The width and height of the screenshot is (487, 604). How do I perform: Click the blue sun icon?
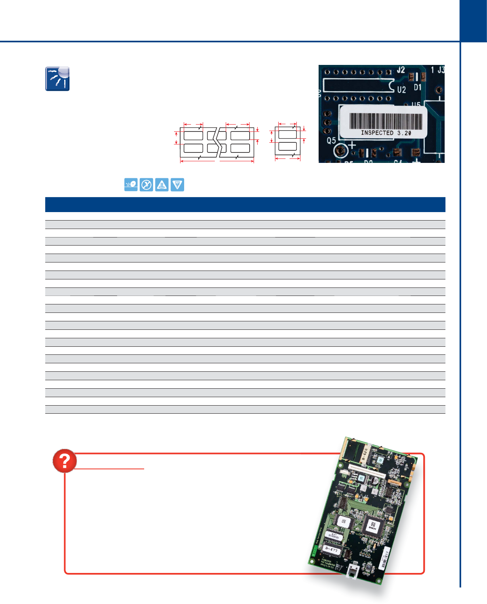pyautogui.click(x=57, y=79)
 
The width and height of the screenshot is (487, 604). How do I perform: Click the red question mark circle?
pyautogui.click(x=65, y=460)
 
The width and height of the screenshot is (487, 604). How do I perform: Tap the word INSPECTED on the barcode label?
pyautogui.click(x=377, y=133)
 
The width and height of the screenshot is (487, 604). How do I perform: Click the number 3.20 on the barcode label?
pyautogui.click(x=404, y=133)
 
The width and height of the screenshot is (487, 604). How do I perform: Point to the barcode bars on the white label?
pyautogui.click(x=386, y=121)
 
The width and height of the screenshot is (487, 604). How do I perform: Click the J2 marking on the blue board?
pyautogui.click(x=401, y=70)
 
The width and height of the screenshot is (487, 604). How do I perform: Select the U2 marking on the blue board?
pyautogui.click(x=401, y=90)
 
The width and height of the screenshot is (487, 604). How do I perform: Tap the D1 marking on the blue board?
pyautogui.click(x=418, y=87)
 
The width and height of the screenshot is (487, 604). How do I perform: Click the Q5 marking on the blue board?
pyautogui.click(x=331, y=141)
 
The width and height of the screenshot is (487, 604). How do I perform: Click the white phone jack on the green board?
pyautogui.click(x=354, y=571)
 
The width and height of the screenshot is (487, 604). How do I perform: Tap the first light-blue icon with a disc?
pyautogui.click(x=131, y=185)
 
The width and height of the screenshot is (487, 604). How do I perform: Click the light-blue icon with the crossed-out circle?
pyautogui.click(x=146, y=185)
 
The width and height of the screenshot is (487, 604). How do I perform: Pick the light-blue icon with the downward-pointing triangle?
pyautogui.click(x=177, y=185)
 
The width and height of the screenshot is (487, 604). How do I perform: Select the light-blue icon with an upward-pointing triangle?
pyautogui.click(x=162, y=185)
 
